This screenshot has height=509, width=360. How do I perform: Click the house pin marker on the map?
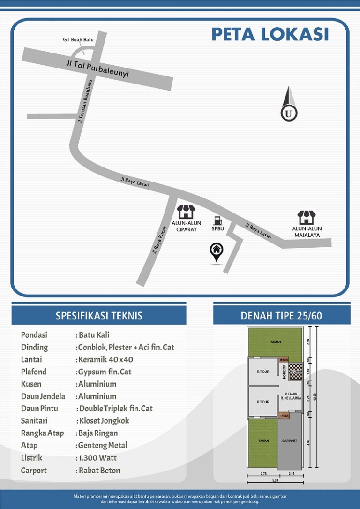pos(216,252)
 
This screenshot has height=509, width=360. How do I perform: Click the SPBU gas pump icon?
pos(217,220)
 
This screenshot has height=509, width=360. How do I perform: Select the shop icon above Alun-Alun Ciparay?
pos(186,212)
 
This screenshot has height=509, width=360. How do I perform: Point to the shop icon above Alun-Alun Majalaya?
pos(307,218)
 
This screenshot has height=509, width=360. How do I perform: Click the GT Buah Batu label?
pos(78,40)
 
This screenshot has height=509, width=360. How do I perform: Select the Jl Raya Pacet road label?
pos(159,240)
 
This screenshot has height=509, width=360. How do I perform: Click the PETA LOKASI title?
pos(270,34)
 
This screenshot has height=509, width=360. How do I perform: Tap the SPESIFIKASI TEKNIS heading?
pos(99,315)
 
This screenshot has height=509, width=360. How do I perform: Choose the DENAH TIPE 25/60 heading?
pos(281,315)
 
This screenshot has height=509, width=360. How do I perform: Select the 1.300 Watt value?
pos(98,458)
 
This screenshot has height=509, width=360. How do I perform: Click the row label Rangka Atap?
pos(42,433)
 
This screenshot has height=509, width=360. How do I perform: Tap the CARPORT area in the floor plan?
pos(290,441)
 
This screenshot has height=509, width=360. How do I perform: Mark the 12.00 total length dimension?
pos(315,397)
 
